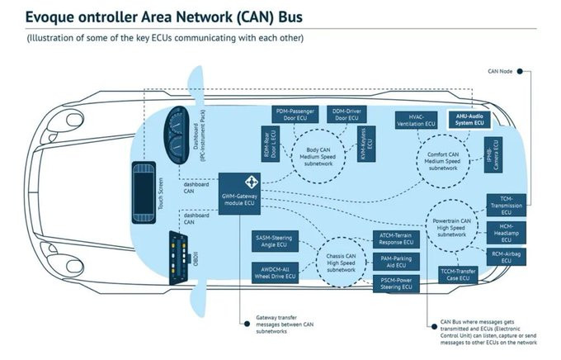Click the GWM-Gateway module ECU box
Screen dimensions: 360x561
pos(241,194)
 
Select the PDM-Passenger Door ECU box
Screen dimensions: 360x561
pos(295,116)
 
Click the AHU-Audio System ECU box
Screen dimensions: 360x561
pos(468,120)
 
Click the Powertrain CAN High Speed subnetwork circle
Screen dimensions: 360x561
pos(453,227)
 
